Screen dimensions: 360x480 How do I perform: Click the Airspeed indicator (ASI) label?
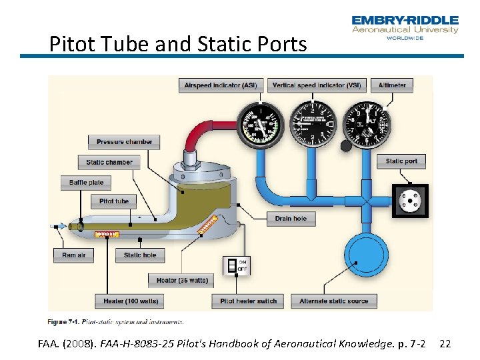click(221, 85)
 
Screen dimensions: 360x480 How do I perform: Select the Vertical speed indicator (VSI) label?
click(317, 85)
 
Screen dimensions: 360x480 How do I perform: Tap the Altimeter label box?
click(392, 85)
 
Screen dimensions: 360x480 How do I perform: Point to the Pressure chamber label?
click(124, 142)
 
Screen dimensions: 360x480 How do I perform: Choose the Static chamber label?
click(109, 162)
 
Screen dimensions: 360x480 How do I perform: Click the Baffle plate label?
click(87, 182)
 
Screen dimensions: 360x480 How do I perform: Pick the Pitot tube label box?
click(114, 201)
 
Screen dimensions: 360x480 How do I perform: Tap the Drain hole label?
click(291, 218)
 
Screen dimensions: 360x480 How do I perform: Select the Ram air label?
click(73, 255)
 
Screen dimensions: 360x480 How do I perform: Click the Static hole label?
click(140, 255)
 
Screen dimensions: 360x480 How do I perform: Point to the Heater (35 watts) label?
click(182, 280)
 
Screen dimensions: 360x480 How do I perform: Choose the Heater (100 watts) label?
click(131, 301)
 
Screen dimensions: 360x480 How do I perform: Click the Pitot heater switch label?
click(248, 301)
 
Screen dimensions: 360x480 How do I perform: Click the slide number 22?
click(446, 344)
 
